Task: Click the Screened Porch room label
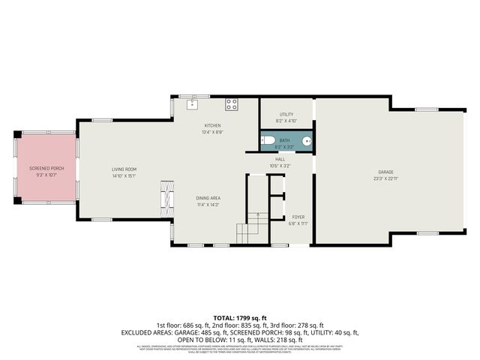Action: (x=46, y=169)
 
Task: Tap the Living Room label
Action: (x=124, y=169)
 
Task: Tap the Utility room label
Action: (x=286, y=114)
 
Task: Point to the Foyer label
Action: (x=298, y=217)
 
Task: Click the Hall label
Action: (x=280, y=159)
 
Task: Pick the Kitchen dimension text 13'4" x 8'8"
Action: (x=212, y=132)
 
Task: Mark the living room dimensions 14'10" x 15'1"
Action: (x=124, y=176)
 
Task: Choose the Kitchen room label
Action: (x=212, y=125)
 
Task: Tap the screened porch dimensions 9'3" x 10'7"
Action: (x=46, y=175)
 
